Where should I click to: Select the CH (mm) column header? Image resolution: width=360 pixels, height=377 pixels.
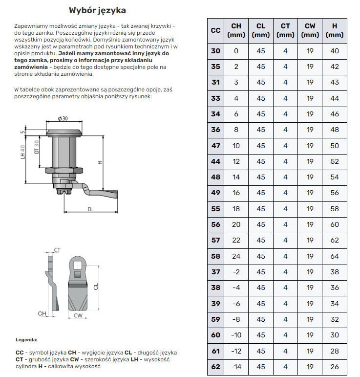(x=236, y=30)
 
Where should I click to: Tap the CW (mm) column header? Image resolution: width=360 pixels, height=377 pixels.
(x=310, y=30)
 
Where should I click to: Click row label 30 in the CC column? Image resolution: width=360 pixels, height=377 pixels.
(x=215, y=51)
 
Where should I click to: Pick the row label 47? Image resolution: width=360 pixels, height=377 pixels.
(x=215, y=146)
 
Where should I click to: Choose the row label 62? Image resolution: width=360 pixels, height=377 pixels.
(x=215, y=367)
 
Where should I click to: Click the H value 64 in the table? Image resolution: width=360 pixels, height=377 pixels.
(x=335, y=256)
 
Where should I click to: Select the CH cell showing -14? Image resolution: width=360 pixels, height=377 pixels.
(x=236, y=367)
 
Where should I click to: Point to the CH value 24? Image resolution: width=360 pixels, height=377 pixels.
(x=236, y=256)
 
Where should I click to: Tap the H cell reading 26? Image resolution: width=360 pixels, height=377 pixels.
(x=335, y=367)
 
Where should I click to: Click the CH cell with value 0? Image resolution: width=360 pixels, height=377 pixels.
(x=236, y=51)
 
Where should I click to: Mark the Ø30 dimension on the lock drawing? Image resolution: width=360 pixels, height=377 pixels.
(x=63, y=119)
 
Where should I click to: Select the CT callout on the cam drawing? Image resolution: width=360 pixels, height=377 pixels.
(x=57, y=250)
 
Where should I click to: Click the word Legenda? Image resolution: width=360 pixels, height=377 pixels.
(x=26, y=339)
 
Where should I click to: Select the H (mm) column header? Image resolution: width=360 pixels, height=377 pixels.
(x=335, y=30)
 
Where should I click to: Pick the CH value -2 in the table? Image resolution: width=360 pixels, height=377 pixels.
(x=236, y=272)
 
